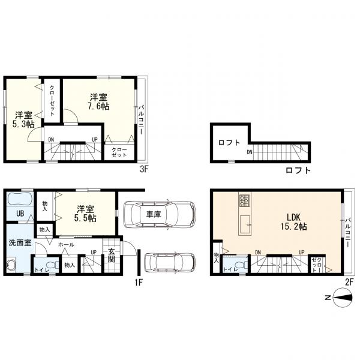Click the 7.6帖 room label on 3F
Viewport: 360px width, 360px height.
tap(99, 102)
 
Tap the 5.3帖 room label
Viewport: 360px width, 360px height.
tap(23, 119)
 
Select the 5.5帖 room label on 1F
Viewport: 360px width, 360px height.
tap(85, 214)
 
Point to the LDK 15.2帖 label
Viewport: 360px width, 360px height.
tap(293, 222)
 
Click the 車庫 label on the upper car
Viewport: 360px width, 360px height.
tap(154, 214)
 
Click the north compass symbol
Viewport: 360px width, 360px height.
tap(343, 298)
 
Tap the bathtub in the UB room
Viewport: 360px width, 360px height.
tap(20, 199)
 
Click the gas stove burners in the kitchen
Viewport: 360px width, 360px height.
tap(244, 200)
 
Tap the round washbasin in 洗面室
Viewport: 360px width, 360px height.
tap(11, 265)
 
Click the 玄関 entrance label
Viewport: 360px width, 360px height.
tap(112, 255)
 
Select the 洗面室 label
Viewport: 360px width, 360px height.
tap(20, 242)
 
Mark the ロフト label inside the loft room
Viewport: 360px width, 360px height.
tap(229, 143)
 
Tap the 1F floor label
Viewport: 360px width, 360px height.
tap(139, 283)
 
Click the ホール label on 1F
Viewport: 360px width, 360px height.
tap(66, 245)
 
